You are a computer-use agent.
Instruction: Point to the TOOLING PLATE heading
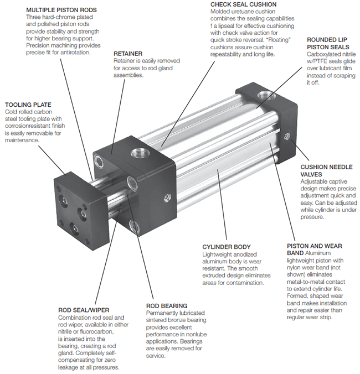[x=28, y=104]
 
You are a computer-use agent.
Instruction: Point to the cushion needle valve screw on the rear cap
[x=285, y=136]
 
